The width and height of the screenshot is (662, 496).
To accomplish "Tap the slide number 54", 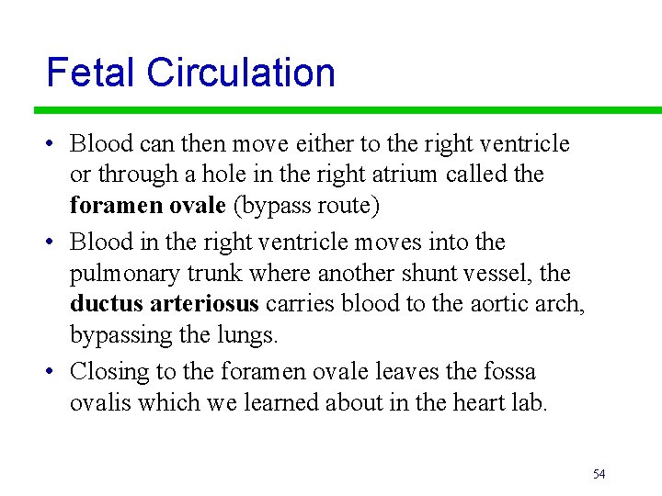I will tap(599, 474).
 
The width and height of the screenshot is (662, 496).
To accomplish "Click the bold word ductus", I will tap(105, 304).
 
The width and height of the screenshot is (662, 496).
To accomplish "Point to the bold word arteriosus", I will tap(203, 304).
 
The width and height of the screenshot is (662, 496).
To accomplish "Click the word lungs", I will tap(250, 336).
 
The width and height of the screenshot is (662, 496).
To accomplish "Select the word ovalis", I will tap(101, 402).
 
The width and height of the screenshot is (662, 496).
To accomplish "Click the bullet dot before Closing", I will tap(53, 372).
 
